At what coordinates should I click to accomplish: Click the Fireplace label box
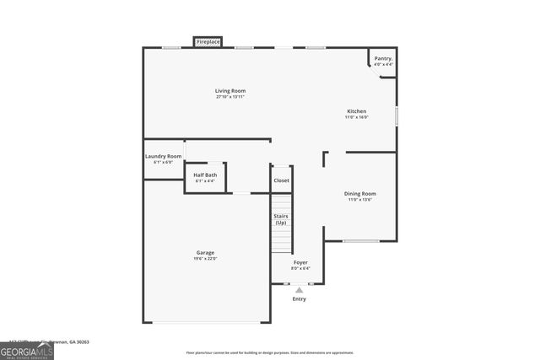[x=208, y=41]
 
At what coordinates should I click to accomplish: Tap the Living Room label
[x=230, y=90]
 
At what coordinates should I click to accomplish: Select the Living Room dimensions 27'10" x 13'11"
[x=230, y=97]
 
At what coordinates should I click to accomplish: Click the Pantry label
[x=383, y=58]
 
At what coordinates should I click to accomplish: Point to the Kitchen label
[x=357, y=111]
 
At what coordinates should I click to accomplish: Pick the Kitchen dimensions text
[x=357, y=118]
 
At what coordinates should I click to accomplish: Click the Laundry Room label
[x=163, y=156]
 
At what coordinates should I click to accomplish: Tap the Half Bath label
[x=205, y=175]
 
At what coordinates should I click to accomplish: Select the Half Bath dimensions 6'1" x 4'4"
[x=205, y=181]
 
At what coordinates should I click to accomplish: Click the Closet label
[x=281, y=180]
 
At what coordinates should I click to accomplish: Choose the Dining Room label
[x=360, y=193]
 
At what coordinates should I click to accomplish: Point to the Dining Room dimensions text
[x=360, y=200]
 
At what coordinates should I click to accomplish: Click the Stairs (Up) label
[x=281, y=219]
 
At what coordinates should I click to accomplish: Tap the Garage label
[x=205, y=252]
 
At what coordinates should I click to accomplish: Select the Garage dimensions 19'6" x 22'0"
[x=205, y=259]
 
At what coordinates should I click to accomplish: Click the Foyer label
[x=300, y=262]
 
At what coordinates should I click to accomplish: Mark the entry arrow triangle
[x=299, y=289]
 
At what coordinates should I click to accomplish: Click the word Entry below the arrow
[x=300, y=298]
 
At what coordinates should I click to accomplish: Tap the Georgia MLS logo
[x=27, y=348]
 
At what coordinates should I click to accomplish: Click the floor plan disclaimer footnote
[x=269, y=352]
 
